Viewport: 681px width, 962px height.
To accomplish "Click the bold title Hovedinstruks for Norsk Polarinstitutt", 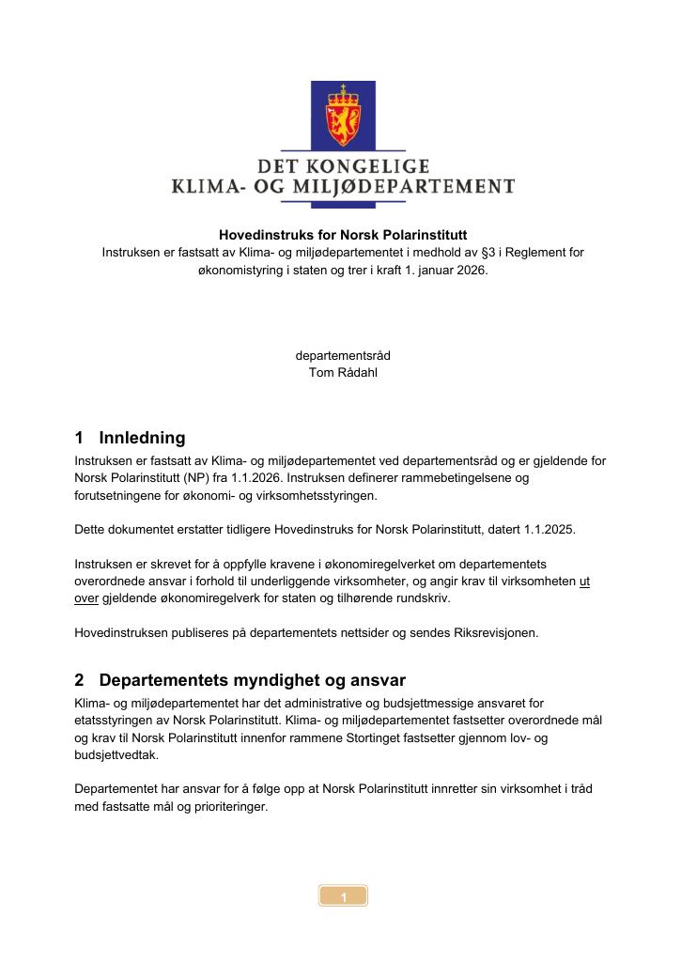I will [x=343, y=235].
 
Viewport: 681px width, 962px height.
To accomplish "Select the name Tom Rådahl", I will [x=343, y=372].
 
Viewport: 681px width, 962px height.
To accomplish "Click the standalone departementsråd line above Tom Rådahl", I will [x=343, y=356].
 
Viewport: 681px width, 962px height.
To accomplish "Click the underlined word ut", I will [x=584, y=582].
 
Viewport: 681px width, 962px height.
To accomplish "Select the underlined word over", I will [x=86, y=598].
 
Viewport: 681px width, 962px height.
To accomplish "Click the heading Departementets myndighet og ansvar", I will [x=252, y=679].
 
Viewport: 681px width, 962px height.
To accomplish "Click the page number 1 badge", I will [x=343, y=897].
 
